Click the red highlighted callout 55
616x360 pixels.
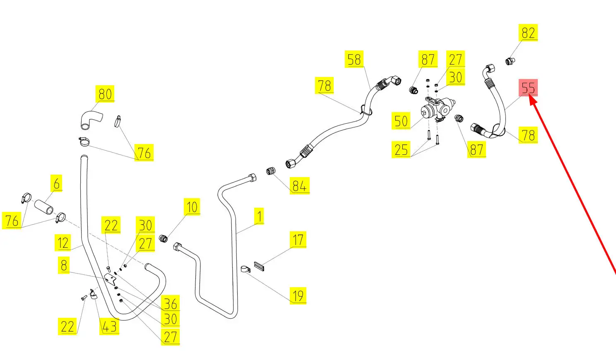528,88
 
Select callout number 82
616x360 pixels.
528,33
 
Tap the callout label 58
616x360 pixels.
354,60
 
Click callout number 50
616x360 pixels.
401,121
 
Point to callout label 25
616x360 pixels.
401,149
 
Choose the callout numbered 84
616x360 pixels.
299,186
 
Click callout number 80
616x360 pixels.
105,94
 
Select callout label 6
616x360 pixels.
57,183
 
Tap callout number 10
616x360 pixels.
192,207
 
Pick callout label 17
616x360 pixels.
298,240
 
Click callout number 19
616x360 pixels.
298,295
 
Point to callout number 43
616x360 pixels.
109,326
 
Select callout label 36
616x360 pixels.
171,304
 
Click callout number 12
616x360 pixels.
63,242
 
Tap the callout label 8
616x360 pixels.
64,265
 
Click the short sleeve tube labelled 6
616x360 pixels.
43,206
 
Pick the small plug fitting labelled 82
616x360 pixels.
510,62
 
